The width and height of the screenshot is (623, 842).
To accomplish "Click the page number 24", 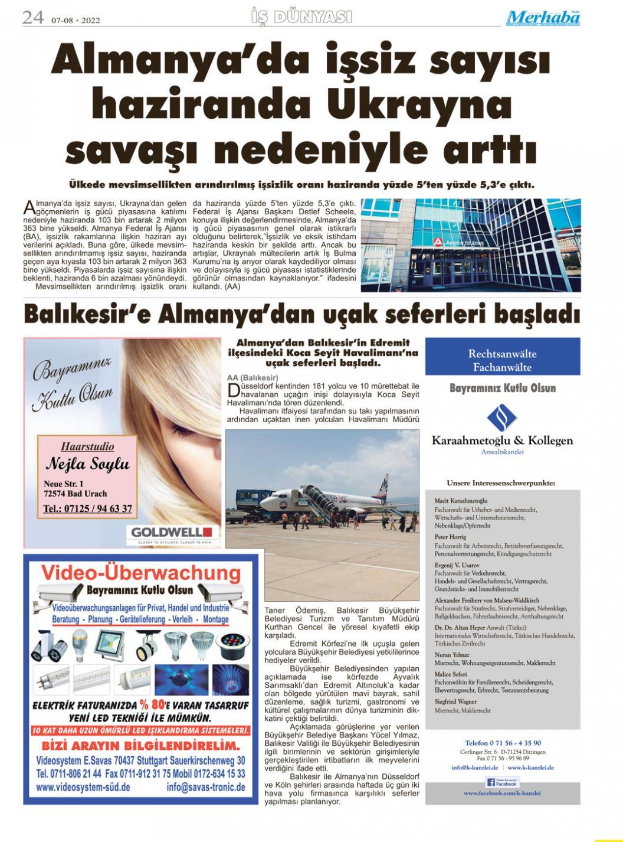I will [33, 18].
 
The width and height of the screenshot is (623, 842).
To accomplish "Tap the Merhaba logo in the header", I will [543, 18].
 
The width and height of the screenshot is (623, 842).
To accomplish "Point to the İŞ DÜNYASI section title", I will [301, 17].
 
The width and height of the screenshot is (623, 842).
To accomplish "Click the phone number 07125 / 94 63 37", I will [87, 508].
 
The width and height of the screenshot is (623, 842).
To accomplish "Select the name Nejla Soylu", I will [87, 463].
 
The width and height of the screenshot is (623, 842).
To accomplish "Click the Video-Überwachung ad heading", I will [141, 573].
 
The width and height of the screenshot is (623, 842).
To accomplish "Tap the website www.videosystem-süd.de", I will [83, 787].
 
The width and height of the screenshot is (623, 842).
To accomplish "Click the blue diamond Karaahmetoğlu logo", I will [501, 418].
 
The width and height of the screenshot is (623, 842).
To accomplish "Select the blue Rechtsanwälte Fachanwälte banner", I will [502, 360].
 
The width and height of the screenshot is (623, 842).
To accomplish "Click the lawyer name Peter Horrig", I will [450, 537].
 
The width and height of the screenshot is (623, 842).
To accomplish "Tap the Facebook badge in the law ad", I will [501, 782].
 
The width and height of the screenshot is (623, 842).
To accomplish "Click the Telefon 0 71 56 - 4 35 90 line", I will [503, 743].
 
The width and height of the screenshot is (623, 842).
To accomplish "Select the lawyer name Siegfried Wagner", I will [455, 701].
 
